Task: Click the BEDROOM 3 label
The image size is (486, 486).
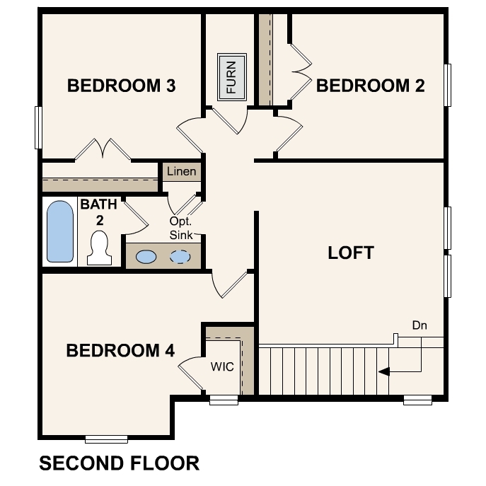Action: [x=121, y=86]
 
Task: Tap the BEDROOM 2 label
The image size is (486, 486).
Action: [x=370, y=86]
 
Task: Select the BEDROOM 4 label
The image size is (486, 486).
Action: [x=120, y=351]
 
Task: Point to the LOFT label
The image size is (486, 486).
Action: [x=350, y=253]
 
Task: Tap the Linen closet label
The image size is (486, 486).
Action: [x=181, y=172]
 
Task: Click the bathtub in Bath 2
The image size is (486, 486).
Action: [x=59, y=231]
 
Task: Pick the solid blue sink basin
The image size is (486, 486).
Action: [x=146, y=257]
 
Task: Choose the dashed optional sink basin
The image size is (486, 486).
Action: [x=182, y=257]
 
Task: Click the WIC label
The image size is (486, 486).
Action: [x=222, y=367]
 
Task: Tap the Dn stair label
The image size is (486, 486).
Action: [x=420, y=325]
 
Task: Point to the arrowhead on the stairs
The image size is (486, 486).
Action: [x=383, y=370]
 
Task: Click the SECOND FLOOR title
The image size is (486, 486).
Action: [x=119, y=463]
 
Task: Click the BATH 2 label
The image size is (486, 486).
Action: [x=95, y=212]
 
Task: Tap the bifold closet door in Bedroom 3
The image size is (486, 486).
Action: [x=103, y=149]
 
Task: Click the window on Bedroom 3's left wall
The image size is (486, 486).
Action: [x=38, y=127]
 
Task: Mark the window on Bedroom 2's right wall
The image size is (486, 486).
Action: [x=448, y=85]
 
